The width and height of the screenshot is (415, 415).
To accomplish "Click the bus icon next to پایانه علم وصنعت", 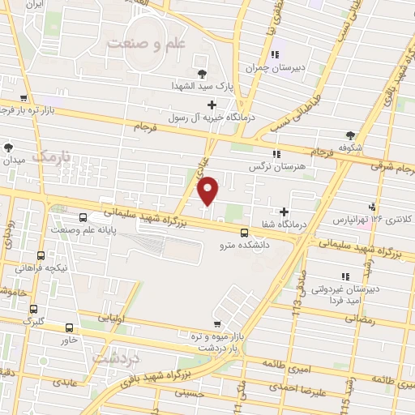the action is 83,217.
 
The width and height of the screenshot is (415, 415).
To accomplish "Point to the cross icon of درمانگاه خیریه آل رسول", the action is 212,105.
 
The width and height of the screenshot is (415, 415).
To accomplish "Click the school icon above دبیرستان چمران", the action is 276,55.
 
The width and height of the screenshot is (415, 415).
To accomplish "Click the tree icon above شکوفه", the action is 350,135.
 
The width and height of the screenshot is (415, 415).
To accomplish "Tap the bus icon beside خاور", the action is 69,328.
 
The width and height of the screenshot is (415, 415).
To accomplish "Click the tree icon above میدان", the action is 8,148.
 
